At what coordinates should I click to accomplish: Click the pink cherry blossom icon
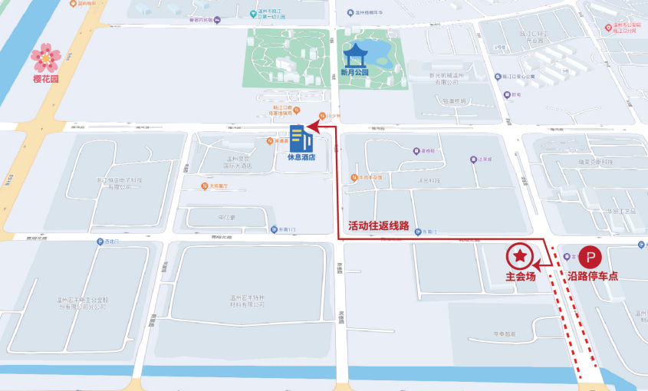pyautogui.click(x=45, y=57)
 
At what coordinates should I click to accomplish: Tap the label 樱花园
pyautogui.click(x=45, y=79)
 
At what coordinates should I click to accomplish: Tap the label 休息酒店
pyautogui.click(x=301, y=157)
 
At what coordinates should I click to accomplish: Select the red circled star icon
pyautogui.click(x=520, y=255)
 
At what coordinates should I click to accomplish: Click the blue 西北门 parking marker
pyautogui.click(x=99, y=242)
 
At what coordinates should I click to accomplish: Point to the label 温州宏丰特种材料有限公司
pyautogui.click(x=247, y=301)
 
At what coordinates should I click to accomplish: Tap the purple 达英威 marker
pyautogui.click(x=474, y=159)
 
